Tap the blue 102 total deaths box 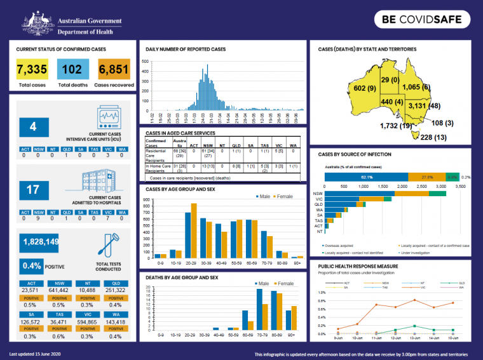coord(73,70)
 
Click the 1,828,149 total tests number coord(41,242)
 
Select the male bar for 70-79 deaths coord(259,310)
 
